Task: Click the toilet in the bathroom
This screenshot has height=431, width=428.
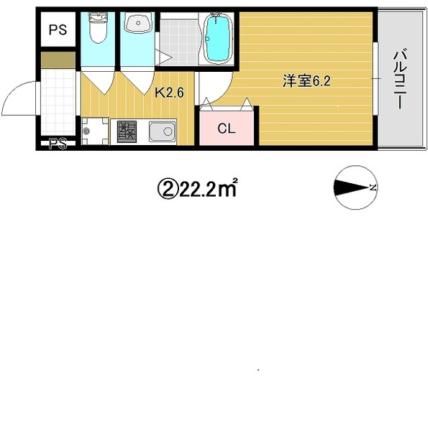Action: [98, 28]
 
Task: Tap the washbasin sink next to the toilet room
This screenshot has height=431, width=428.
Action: [137, 22]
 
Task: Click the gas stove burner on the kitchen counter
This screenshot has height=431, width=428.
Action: [127, 131]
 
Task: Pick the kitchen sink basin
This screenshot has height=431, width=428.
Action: [162, 131]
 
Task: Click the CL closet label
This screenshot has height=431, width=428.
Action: [227, 129]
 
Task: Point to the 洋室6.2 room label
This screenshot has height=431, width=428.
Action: [306, 81]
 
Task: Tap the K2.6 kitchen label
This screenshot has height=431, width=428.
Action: [169, 93]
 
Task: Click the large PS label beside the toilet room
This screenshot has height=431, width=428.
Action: [58, 29]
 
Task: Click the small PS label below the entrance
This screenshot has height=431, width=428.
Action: [58, 143]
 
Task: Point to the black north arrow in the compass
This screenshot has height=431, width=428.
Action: [352, 187]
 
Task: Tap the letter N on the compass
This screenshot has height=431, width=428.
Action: [373, 187]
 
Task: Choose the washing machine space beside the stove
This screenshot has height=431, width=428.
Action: [95, 131]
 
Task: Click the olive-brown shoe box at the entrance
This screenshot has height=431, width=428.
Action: [58, 60]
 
